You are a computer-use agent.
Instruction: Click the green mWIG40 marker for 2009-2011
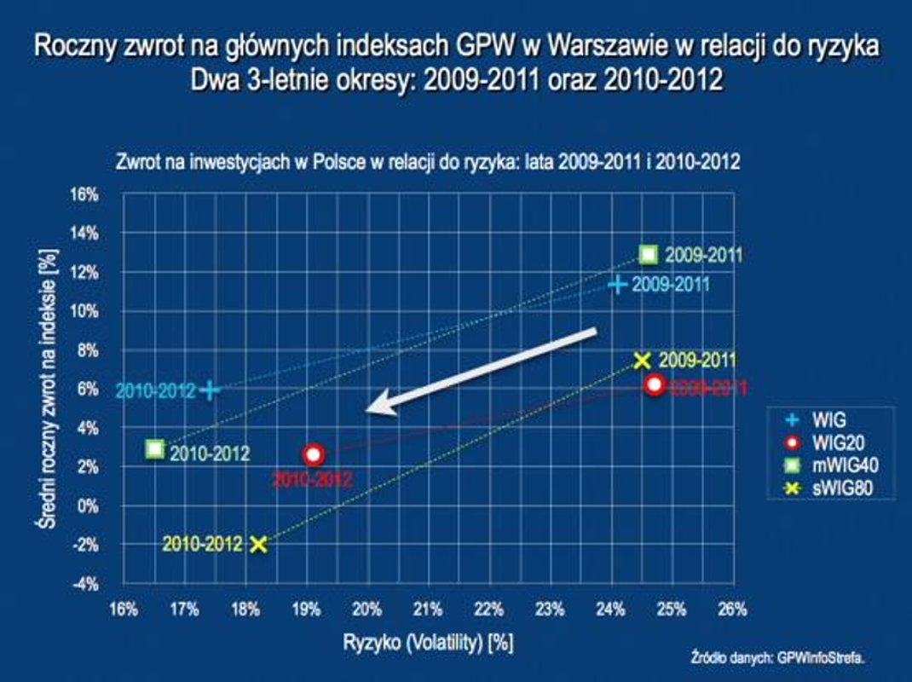point(649,254)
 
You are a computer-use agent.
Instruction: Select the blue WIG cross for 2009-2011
point(618,284)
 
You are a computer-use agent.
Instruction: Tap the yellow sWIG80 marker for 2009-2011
point(643,361)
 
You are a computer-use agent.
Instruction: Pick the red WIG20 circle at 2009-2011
point(654,384)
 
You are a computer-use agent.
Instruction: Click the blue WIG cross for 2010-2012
point(210,390)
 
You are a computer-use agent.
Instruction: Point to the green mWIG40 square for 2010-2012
point(154,448)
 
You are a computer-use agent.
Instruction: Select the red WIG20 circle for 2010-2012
point(314,454)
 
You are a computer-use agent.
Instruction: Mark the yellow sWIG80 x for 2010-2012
point(259,543)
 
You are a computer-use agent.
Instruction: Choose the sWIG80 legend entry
point(823,488)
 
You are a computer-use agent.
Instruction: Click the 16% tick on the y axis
point(84,194)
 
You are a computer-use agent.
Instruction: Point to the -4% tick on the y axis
point(84,584)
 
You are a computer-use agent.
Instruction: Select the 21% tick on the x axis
point(428,609)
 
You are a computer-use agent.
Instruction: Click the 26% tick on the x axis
point(732,609)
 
